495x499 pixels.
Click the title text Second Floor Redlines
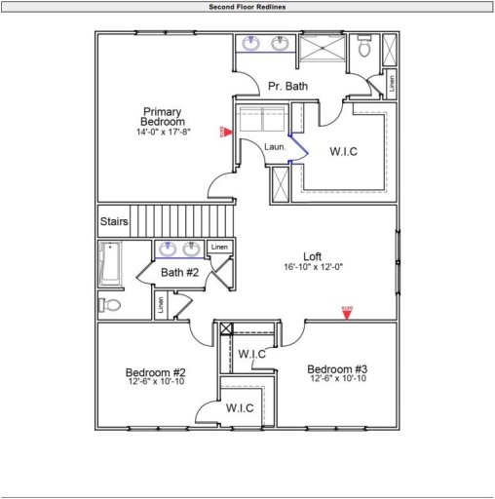247,6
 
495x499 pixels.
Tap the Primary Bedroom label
163,116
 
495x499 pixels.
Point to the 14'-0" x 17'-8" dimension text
163,131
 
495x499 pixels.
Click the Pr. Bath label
287,87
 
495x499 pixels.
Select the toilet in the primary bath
364,47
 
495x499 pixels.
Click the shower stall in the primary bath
321,50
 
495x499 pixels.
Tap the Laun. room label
276,146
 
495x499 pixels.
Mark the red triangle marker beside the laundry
225,131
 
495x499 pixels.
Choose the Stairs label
114,222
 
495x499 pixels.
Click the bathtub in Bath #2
108,265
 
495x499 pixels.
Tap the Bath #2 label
179,273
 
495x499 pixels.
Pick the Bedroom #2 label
156,372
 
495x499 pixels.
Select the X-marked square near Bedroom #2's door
227,329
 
